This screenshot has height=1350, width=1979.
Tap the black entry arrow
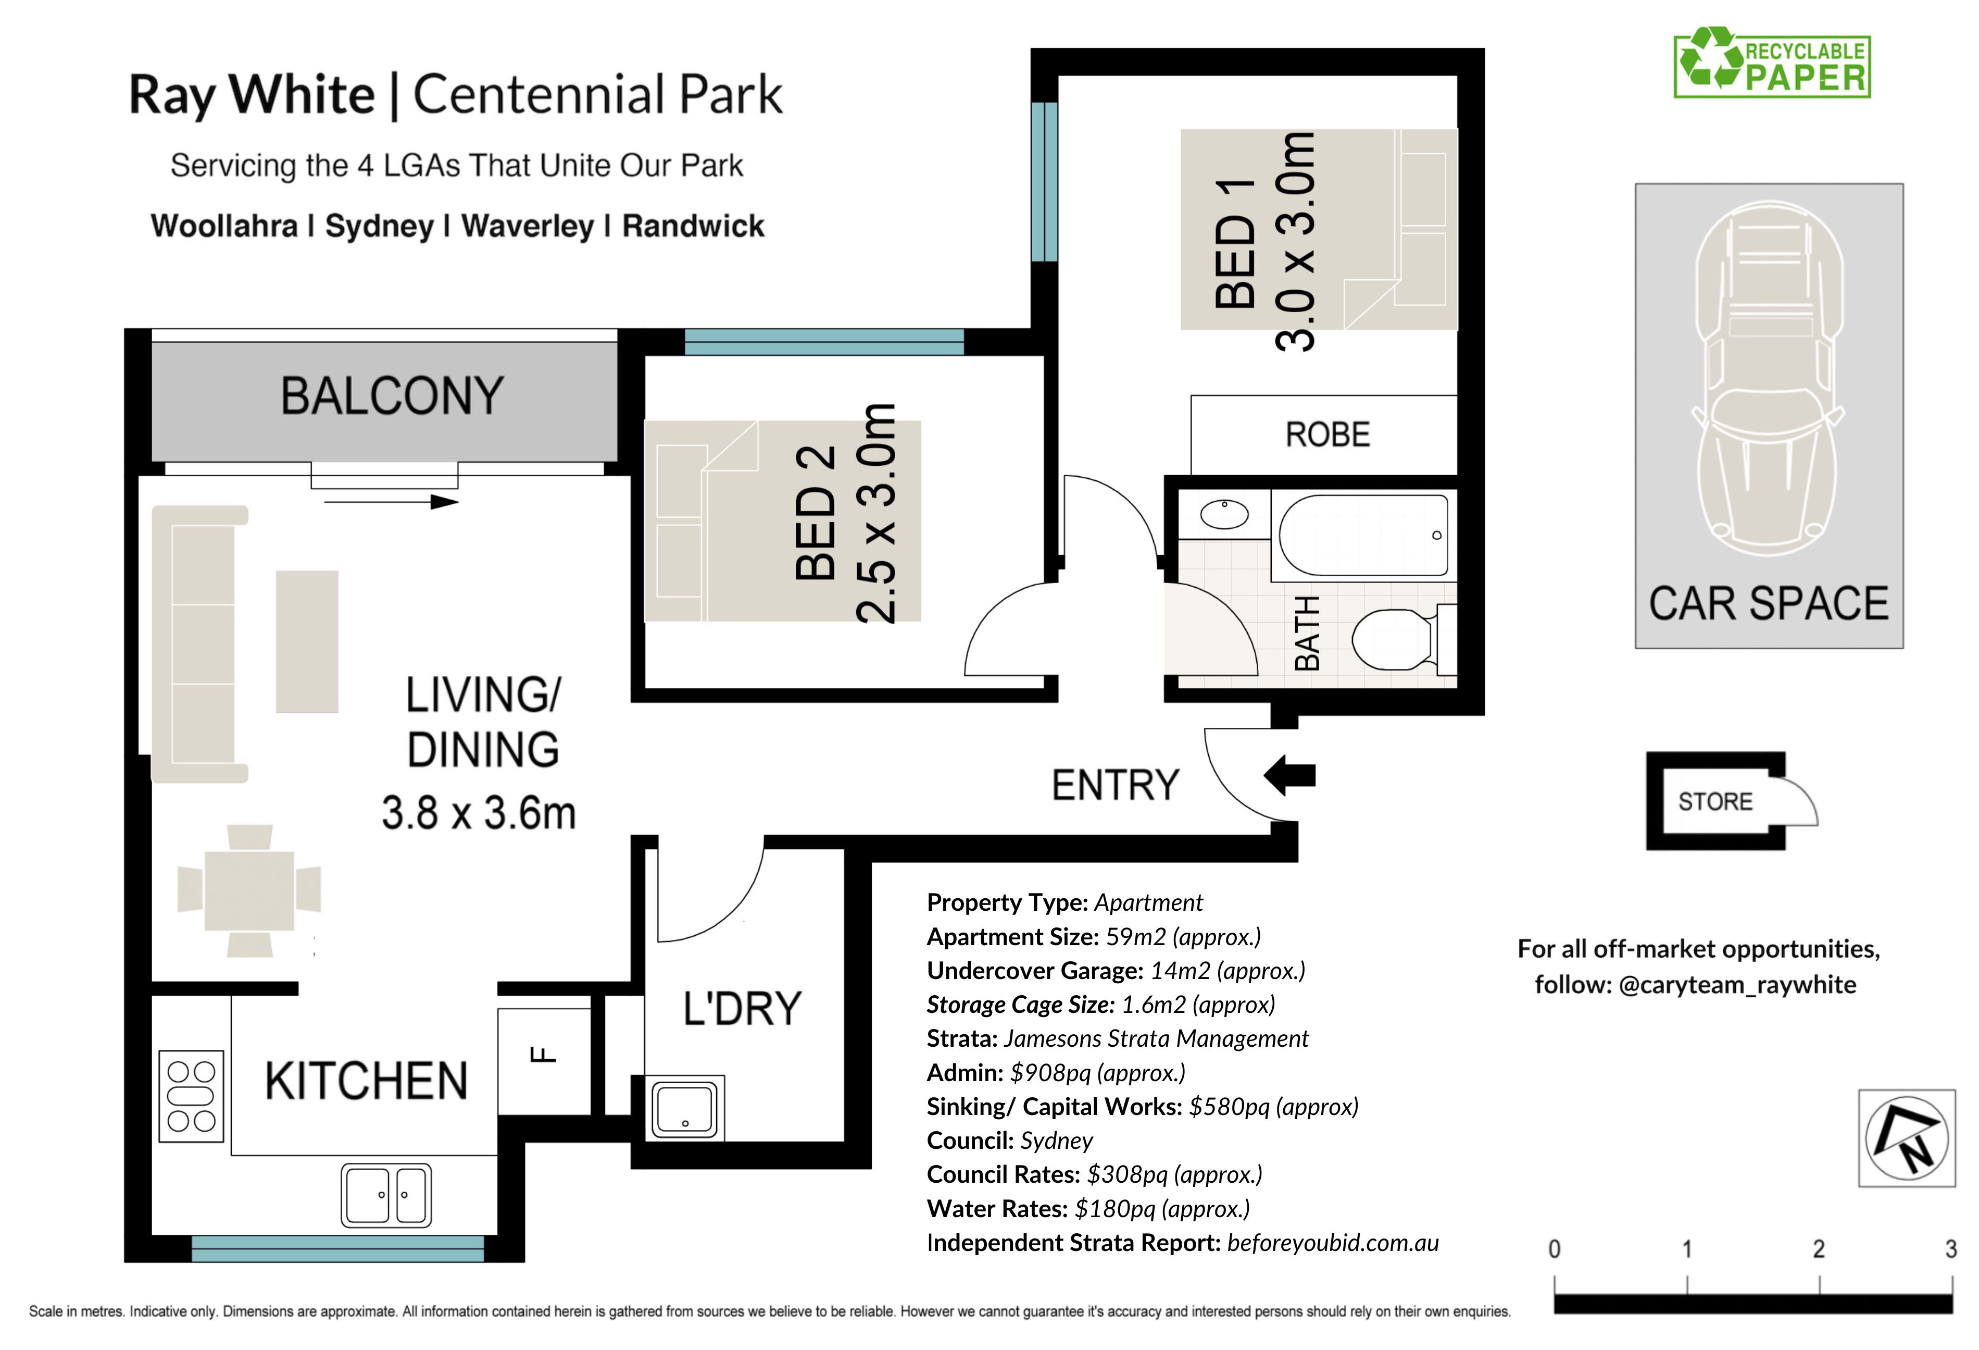1289,775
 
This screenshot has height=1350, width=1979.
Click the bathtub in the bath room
1364,536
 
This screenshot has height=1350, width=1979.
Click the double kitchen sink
386,1195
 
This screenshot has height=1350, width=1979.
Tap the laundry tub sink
685,1108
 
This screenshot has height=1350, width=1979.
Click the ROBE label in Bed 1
1327,435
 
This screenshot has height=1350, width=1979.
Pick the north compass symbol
1907,1138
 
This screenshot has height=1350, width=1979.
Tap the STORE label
1715,801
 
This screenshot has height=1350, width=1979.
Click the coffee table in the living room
307,641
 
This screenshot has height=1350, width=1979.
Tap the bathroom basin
1224,514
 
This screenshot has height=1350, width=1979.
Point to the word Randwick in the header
693,227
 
